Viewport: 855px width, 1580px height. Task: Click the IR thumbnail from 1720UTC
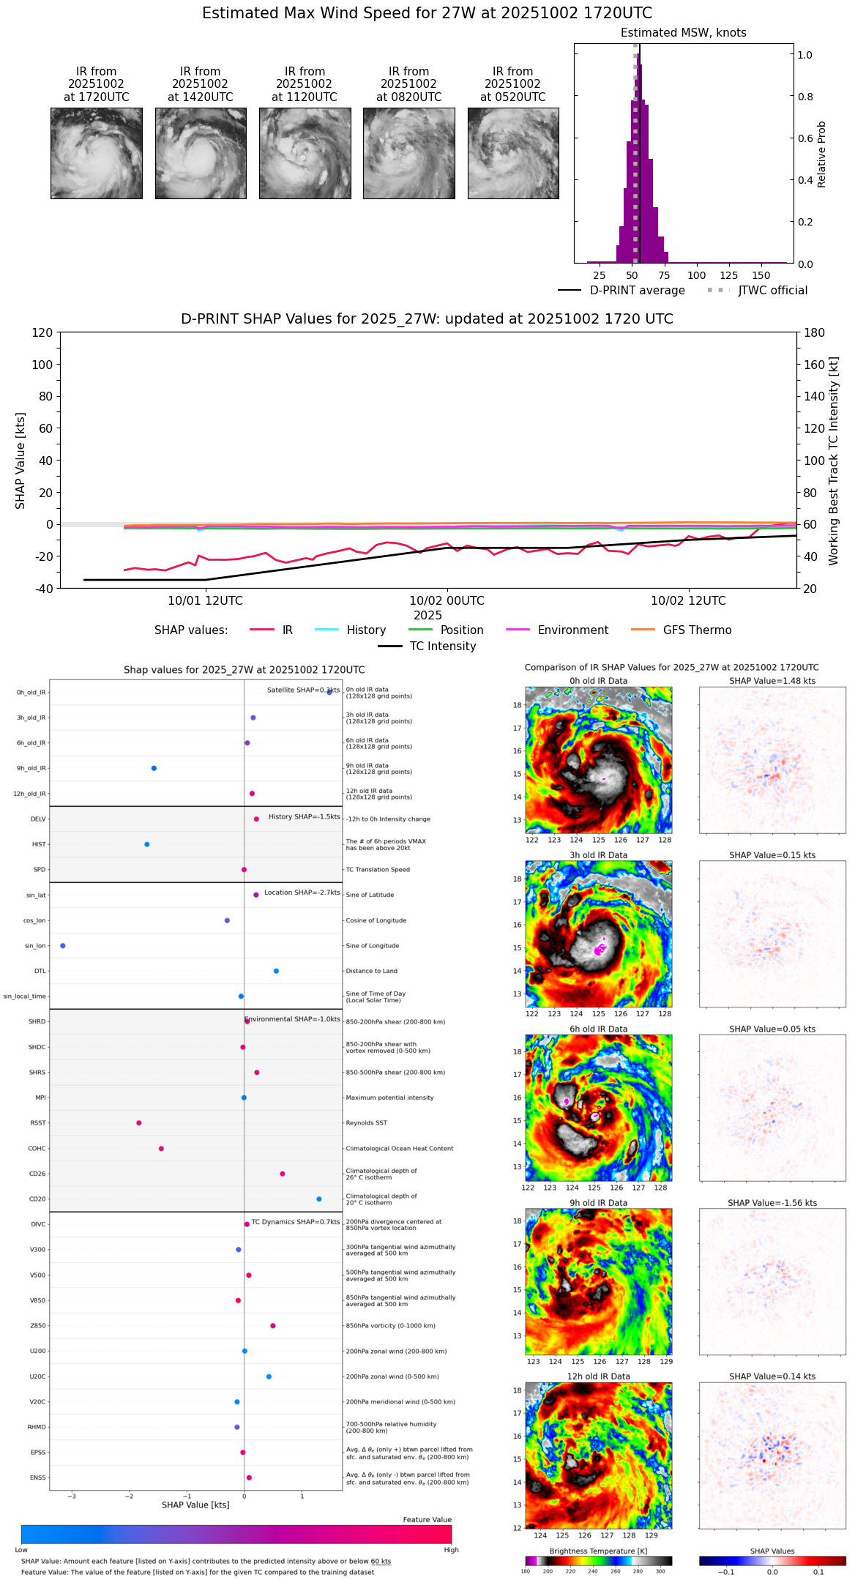[96, 153]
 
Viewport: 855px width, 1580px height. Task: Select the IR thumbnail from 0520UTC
[513, 153]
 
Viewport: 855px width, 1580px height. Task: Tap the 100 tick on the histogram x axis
[696, 275]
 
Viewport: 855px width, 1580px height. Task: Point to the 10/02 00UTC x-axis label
[447, 600]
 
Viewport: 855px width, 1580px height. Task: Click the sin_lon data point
[63, 946]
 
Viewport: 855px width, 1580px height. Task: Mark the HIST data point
[147, 844]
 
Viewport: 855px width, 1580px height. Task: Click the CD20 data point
[319, 1199]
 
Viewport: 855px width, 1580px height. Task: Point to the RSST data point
[139, 1123]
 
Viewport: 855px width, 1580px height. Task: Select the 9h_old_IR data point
[154, 768]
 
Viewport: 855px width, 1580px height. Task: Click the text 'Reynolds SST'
[366, 1123]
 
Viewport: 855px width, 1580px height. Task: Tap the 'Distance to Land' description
[371, 972]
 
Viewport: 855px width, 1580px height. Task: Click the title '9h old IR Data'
[598, 1203]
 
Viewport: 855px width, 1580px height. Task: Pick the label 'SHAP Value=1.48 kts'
[772, 681]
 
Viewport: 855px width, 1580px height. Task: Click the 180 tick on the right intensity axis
[815, 332]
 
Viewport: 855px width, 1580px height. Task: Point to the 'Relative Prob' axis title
[822, 154]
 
